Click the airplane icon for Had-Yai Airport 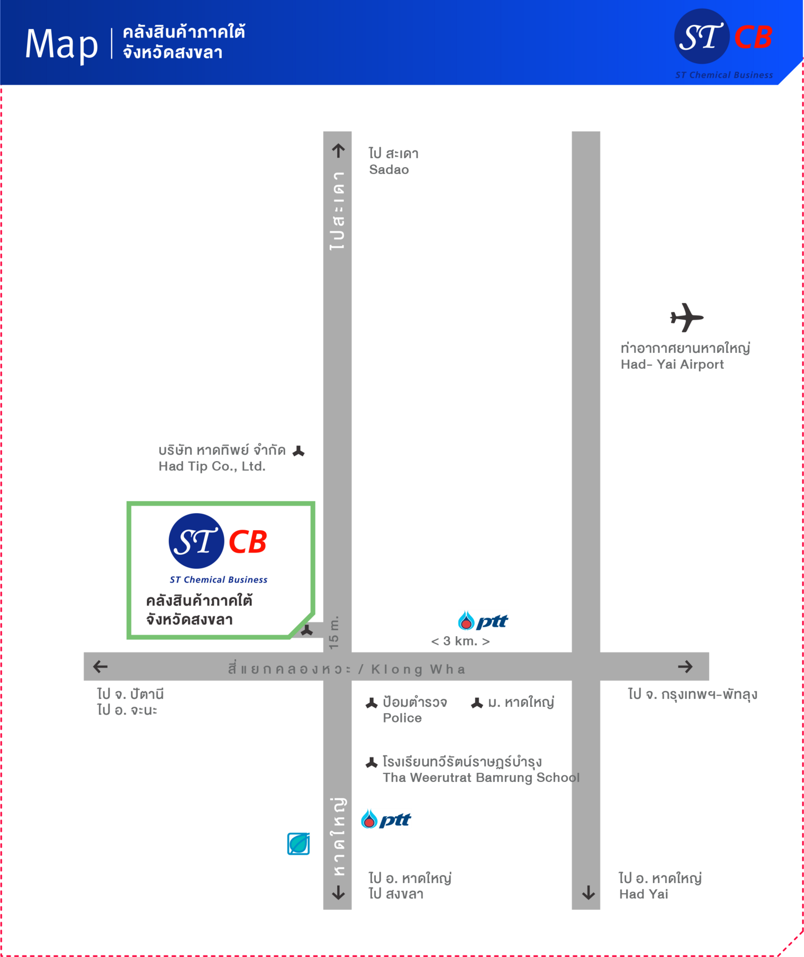[687, 318]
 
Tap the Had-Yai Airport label [672, 365]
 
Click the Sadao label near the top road [389, 170]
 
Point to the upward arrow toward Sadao [338, 150]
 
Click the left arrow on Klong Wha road [100, 667]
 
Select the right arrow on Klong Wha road [686, 667]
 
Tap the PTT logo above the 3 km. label [483, 621]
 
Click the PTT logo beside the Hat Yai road [386, 819]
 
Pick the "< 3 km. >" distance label [460, 641]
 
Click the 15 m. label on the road [334, 633]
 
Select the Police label [402, 718]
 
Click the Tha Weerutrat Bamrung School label [481, 778]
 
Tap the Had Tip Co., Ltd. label [212, 466]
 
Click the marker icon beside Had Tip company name [299, 451]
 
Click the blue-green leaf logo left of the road [299, 844]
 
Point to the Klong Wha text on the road [418, 669]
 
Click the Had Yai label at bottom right [644, 894]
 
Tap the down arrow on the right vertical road [589, 892]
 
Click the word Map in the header [62, 45]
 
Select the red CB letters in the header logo [753, 37]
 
